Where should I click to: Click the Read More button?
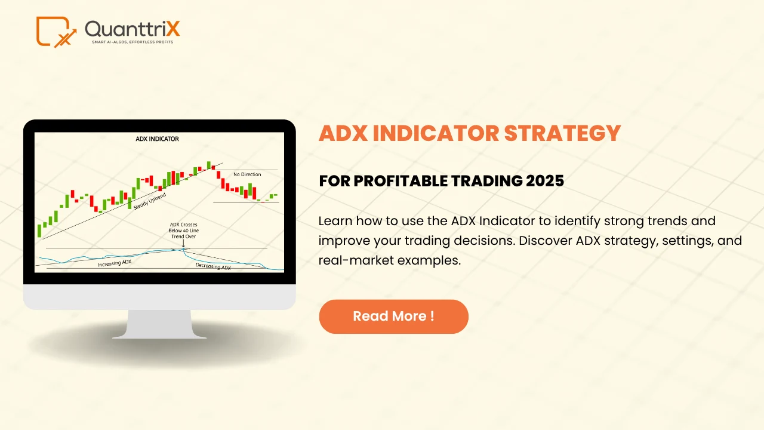pos(393,317)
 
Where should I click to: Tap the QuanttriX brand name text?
pos(132,29)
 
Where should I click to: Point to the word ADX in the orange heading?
pos(343,133)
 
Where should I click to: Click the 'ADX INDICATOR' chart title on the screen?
pos(158,139)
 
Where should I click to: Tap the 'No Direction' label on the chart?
pos(247,174)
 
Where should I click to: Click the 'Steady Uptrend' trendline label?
pos(150,201)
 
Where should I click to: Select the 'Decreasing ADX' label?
pos(213,267)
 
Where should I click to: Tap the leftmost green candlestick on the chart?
pos(39,230)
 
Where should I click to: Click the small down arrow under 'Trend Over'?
pos(183,244)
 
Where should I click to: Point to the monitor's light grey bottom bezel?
pos(159,297)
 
